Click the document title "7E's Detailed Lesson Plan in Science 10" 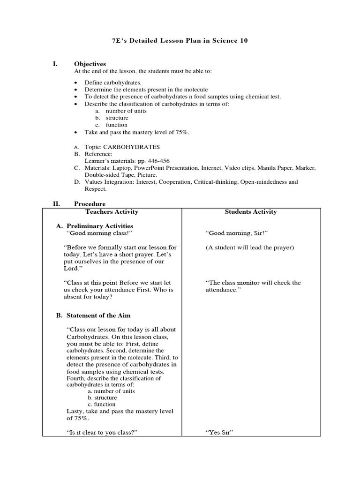[180, 41]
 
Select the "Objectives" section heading [90, 64]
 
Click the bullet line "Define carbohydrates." [106, 82]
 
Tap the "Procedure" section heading [90, 204]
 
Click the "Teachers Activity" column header [112, 212]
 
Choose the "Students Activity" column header [250, 212]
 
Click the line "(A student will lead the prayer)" [249, 247]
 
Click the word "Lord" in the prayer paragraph [72, 269]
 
